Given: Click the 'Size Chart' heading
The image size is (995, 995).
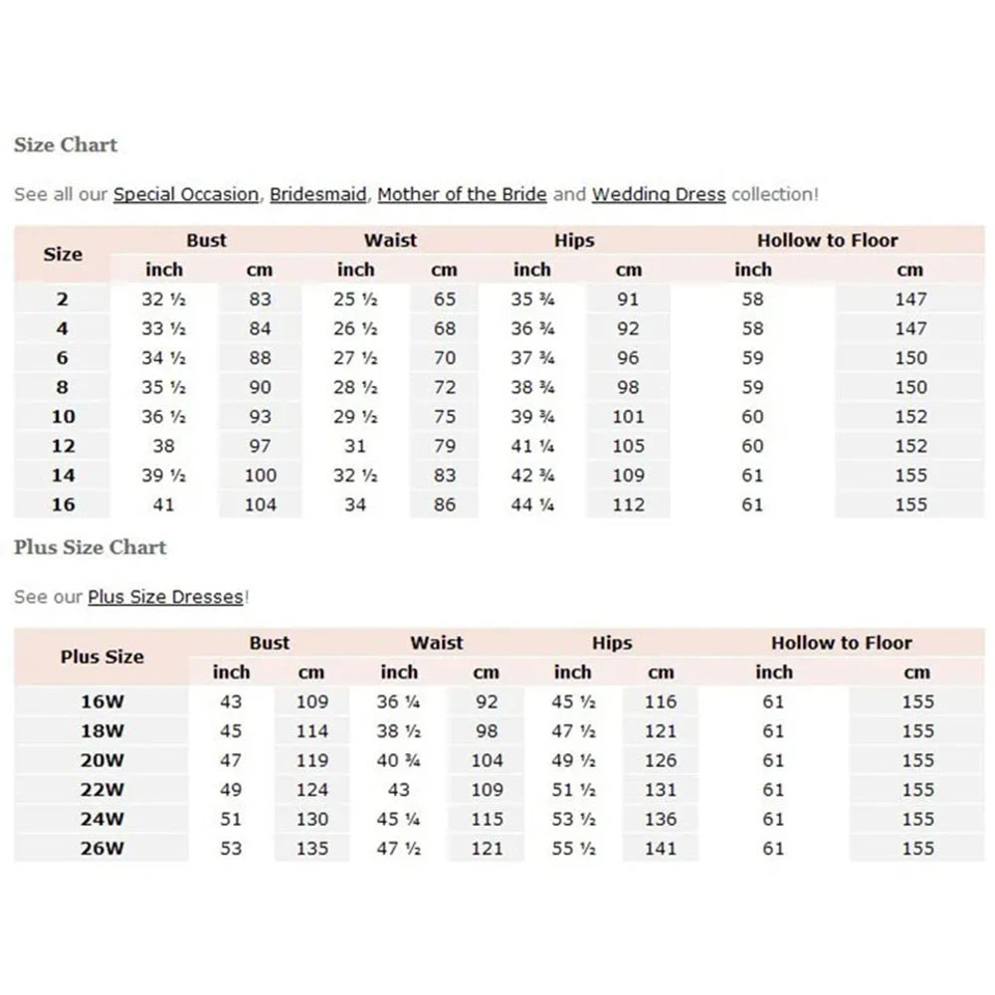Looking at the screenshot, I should pyautogui.click(x=66, y=145).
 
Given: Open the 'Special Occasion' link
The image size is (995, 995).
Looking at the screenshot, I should pyautogui.click(x=185, y=195).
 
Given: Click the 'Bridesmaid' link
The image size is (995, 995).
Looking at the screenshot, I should pyautogui.click(x=318, y=195).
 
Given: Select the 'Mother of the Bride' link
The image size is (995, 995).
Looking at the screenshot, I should pyautogui.click(x=462, y=195).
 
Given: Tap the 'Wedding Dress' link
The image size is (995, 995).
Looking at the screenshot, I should pyautogui.click(x=659, y=195).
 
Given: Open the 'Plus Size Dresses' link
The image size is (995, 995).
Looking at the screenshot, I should pyautogui.click(x=165, y=598).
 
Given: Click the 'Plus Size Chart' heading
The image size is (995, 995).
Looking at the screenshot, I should pyautogui.click(x=91, y=547).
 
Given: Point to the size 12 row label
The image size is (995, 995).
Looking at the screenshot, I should pyautogui.click(x=63, y=447).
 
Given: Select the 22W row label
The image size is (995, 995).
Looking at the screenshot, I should pyautogui.click(x=102, y=790).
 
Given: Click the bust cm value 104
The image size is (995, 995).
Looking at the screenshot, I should pyautogui.click(x=260, y=505).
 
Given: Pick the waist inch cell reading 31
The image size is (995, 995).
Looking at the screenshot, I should pyautogui.click(x=355, y=447).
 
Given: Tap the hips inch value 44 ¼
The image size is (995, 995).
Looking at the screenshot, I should pyautogui.click(x=531, y=505).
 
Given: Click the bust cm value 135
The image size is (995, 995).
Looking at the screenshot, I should pyautogui.click(x=312, y=849).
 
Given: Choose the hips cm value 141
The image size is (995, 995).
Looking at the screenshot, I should pyautogui.click(x=660, y=849).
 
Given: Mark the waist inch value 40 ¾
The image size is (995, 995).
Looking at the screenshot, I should pyautogui.click(x=399, y=761).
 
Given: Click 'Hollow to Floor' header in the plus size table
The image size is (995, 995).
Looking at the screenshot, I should pyautogui.click(x=841, y=644).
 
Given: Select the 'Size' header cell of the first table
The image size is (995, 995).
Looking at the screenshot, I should pyautogui.click(x=63, y=255).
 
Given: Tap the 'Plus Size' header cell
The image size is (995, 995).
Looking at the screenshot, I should pyautogui.click(x=102, y=658).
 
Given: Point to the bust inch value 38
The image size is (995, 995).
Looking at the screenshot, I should pyautogui.click(x=164, y=447).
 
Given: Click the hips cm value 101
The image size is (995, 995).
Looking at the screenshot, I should pyautogui.click(x=629, y=418).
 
